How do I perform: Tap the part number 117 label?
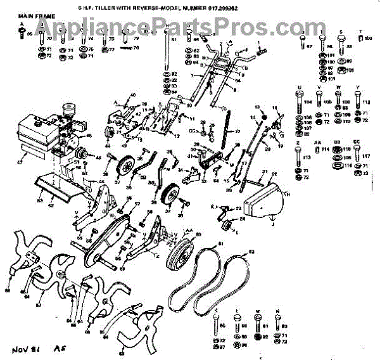coord(366,155)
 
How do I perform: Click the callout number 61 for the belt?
coord(221,244)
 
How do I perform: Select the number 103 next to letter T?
coord(369,39)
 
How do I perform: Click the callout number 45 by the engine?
coord(89,136)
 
